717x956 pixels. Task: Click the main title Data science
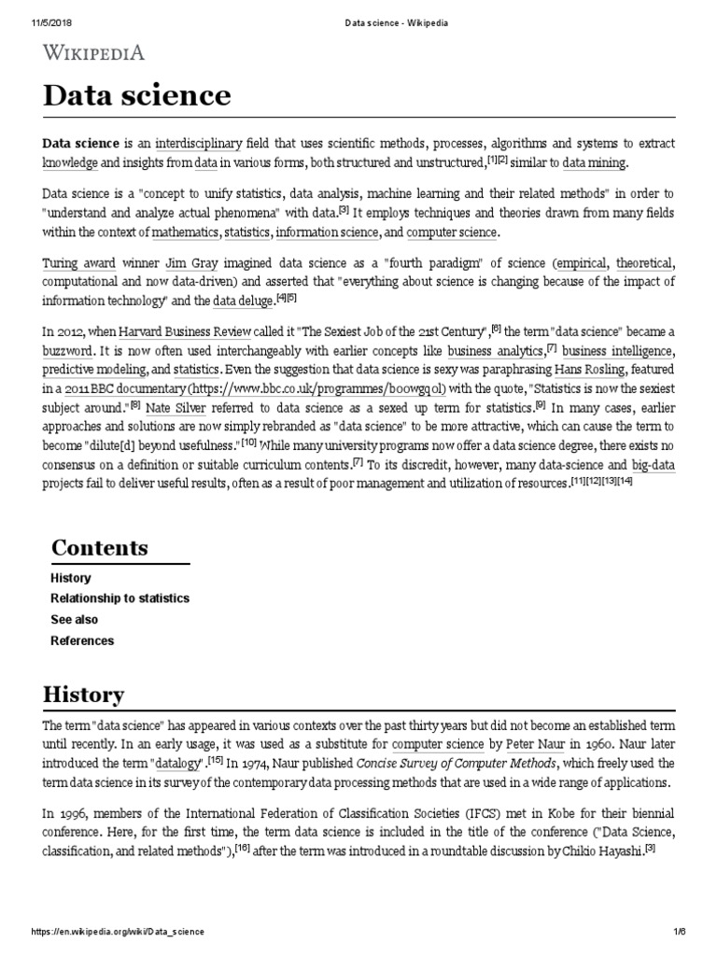(136, 96)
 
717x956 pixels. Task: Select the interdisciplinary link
(198, 144)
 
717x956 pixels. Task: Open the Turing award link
(79, 264)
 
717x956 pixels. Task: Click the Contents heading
(100, 547)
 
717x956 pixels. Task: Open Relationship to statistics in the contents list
(119, 598)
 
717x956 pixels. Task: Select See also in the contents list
(74, 620)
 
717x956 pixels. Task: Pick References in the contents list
(82, 641)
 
